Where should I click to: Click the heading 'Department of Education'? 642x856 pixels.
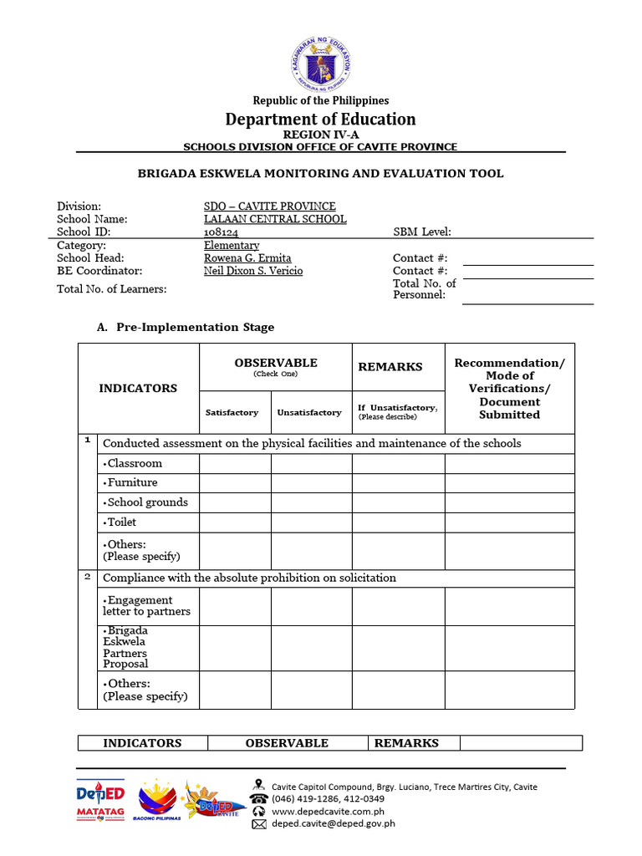pos(321,119)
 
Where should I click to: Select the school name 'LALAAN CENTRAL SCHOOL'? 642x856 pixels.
pos(275,219)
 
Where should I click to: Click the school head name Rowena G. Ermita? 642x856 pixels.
pos(247,258)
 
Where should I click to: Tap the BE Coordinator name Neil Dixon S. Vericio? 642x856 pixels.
pos(253,271)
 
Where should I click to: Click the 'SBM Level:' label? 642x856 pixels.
pos(422,232)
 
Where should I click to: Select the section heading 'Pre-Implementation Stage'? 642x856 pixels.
pos(195,327)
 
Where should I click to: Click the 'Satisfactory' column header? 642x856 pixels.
pos(232,412)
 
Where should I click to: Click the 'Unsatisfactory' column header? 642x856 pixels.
pos(309,412)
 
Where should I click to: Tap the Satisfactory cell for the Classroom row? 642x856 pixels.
pos(235,464)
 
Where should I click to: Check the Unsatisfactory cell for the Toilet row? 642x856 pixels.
pos(311,522)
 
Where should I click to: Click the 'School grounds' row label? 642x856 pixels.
pos(145,502)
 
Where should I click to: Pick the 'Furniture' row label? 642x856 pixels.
pos(130,482)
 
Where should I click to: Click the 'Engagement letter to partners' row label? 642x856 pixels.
pos(146,606)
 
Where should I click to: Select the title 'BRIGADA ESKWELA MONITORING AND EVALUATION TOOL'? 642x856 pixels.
pos(320,174)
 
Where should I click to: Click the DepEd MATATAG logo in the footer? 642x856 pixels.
pos(100,802)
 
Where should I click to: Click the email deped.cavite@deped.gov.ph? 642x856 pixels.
pos(333,823)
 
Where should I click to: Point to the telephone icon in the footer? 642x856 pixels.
pos(259,798)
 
